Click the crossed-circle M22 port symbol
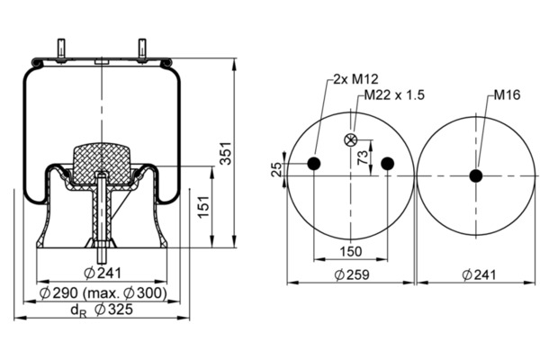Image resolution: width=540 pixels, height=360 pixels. [x=351, y=139]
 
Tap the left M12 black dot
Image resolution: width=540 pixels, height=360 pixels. [x=314, y=163]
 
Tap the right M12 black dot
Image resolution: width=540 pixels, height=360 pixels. [x=387, y=163]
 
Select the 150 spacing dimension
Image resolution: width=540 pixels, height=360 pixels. [x=350, y=252]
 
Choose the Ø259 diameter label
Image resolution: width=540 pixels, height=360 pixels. [x=350, y=274]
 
